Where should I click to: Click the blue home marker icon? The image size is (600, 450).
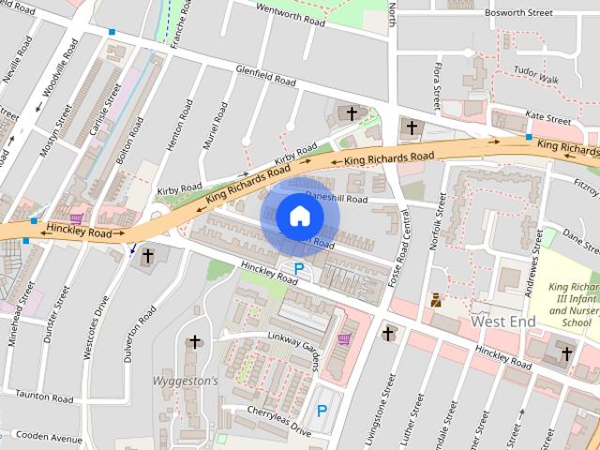pos(299,216)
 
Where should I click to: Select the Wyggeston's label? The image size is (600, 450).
pos(185,382)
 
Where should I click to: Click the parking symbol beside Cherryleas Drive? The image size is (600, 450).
pos(322,411)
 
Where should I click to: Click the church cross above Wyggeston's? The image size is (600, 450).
pos(195,343)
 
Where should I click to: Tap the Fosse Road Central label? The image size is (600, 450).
pos(399,247)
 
